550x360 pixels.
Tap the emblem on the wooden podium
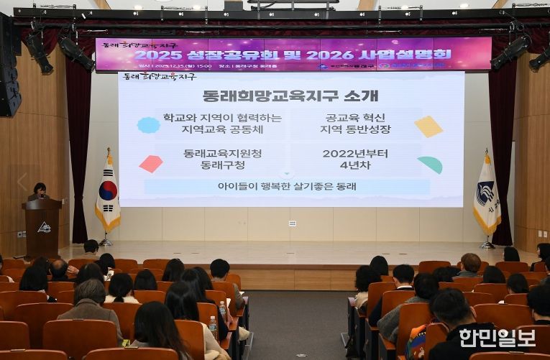(x=44, y=227)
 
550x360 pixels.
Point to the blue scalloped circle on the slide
(x=149, y=125)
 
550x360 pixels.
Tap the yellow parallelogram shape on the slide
(x=428, y=126)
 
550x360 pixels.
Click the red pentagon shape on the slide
(x=151, y=164)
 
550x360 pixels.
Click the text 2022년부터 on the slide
(x=355, y=153)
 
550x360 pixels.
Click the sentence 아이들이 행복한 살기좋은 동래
(x=286, y=186)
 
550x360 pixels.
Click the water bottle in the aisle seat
(x=213, y=326)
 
